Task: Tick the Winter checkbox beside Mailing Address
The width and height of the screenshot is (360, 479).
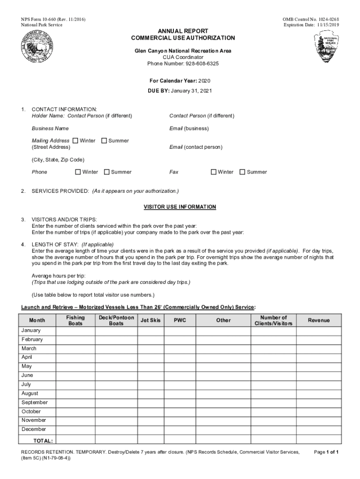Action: (x=75, y=140)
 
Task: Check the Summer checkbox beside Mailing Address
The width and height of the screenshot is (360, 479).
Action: (x=104, y=140)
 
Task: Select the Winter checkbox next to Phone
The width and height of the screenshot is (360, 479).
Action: (x=78, y=172)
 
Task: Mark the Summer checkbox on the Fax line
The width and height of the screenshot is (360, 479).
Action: (x=242, y=172)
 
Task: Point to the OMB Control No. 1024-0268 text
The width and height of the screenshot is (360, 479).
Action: (x=311, y=19)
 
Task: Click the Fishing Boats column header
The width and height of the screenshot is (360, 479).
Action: (x=75, y=320)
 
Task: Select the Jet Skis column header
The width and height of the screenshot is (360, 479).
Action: (x=150, y=320)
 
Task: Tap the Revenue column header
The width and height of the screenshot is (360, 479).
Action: (x=318, y=320)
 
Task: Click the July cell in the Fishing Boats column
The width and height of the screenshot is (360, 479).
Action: (x=75, y=385)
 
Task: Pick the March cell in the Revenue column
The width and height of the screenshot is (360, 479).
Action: (x=318, y=348)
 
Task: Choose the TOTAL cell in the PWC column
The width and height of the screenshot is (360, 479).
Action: (x=180, y=440)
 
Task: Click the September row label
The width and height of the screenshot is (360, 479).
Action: (x=35, y=402)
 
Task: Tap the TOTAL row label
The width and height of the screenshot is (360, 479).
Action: (x=43, y=441)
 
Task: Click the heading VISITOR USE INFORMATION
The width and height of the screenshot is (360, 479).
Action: (x=180, y=207)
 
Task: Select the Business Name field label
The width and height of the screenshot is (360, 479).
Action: (x=50, y=128)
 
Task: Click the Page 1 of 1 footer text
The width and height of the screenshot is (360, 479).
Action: (x=326, y=452)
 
